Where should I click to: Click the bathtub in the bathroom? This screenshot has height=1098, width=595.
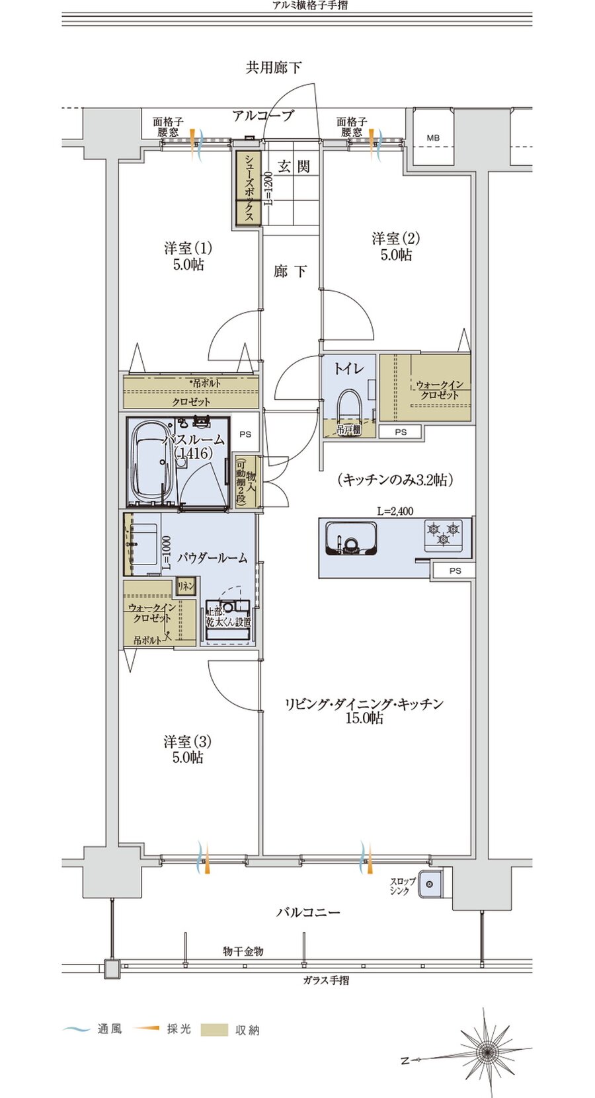(152, 462)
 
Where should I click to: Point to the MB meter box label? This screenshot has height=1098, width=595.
(432, 138)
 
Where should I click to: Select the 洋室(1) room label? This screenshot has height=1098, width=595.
(188, 256)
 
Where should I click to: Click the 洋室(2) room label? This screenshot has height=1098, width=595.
(395, 246)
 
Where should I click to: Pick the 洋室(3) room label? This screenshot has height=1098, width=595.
(188, 750)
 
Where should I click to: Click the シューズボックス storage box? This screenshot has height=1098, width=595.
(249, 188)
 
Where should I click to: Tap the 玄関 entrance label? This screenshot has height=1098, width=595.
(294, 166)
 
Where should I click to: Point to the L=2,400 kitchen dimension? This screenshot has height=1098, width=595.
(395, 511)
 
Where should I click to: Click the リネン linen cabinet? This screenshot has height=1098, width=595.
(186, 586)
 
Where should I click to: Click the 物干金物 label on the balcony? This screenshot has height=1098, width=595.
(243, 951)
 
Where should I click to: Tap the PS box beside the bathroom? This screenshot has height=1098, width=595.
(246, 434)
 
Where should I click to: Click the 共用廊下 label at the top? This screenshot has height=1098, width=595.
(274, 67)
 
